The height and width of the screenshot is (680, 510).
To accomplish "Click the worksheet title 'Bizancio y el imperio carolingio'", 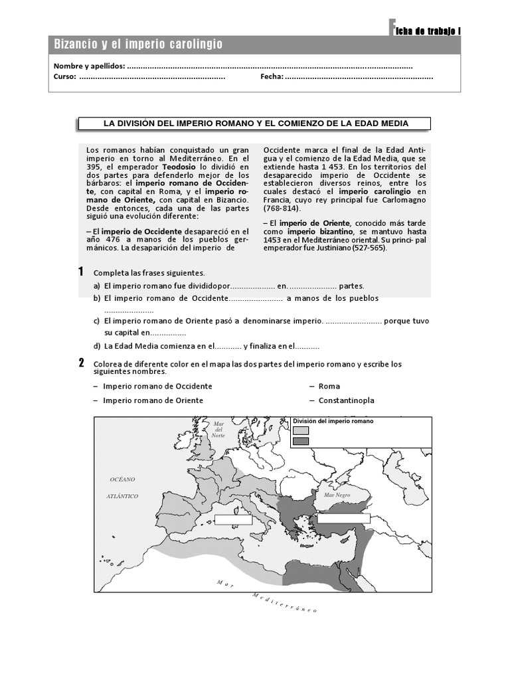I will (138, 44).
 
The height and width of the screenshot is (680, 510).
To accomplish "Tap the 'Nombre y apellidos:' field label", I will (89, 66).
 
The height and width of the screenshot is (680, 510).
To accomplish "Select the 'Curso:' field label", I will (64, 76).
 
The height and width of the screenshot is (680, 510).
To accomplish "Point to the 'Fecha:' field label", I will (272, 76).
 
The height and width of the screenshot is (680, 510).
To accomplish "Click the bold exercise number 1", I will (80, 272).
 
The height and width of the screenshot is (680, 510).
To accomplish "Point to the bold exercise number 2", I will (80, 363).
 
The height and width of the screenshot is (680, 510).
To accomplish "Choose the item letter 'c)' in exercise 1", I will (97, 321).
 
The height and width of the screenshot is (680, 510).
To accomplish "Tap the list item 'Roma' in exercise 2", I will (329, 386).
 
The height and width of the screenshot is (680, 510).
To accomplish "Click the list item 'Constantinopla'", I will (346, 400).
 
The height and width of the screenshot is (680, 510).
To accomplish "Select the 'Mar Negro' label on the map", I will (337, 495).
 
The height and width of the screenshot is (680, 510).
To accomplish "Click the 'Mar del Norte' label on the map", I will (218, 429).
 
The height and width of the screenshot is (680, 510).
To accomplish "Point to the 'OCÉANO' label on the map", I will (123, 479).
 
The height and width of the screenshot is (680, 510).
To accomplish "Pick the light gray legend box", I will (301, 430).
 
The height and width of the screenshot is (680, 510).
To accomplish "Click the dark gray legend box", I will (301, 441).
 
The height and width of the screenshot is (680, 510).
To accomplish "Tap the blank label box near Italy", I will (233, 519).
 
